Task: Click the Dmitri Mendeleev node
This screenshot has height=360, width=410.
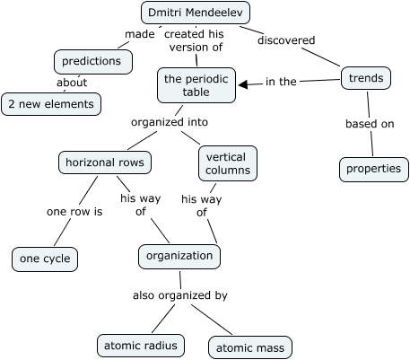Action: tap(196, 13)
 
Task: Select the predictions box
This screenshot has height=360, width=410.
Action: tap(93, 61)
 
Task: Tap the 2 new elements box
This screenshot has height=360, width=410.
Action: tap(51, 104)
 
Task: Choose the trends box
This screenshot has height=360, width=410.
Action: tap(366, 79)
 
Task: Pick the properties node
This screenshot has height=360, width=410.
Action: tap(369, 168)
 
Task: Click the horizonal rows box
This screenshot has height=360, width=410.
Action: tap(103, 162)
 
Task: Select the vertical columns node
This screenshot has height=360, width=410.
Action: tap(225, 163)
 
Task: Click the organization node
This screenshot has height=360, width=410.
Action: tap(180, 256)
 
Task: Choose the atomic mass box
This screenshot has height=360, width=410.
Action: tap(250, 347)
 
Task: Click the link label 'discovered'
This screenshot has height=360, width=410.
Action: tap(285, 40)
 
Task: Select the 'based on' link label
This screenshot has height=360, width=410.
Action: tap(369, 124)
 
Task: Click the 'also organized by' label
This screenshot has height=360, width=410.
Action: tap(179, 294)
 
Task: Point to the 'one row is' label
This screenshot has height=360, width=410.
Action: tap(74, 213)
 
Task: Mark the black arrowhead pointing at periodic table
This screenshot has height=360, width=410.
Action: tap(245, 83)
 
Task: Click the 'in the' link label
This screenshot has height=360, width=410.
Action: tap(281, 82)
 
